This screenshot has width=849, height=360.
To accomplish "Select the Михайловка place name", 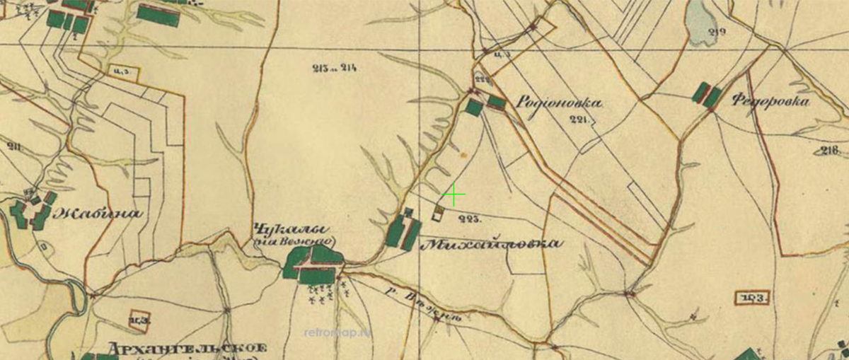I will (x=492, y=244).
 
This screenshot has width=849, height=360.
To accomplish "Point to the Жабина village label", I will (x=99, y=213).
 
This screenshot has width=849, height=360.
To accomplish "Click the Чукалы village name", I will (x=291, y=229).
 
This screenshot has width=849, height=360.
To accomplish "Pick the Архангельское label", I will (x=187, y=349).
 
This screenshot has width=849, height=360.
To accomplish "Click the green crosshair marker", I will (x=453, y=194).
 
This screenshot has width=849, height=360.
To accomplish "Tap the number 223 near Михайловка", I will (x=470, y=219).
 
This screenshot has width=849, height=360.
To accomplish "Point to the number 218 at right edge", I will (x=831, y=149).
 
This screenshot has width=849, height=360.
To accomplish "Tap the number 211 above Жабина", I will (x=13, y=146).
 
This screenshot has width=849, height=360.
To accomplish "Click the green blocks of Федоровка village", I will (x=707, y=95).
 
